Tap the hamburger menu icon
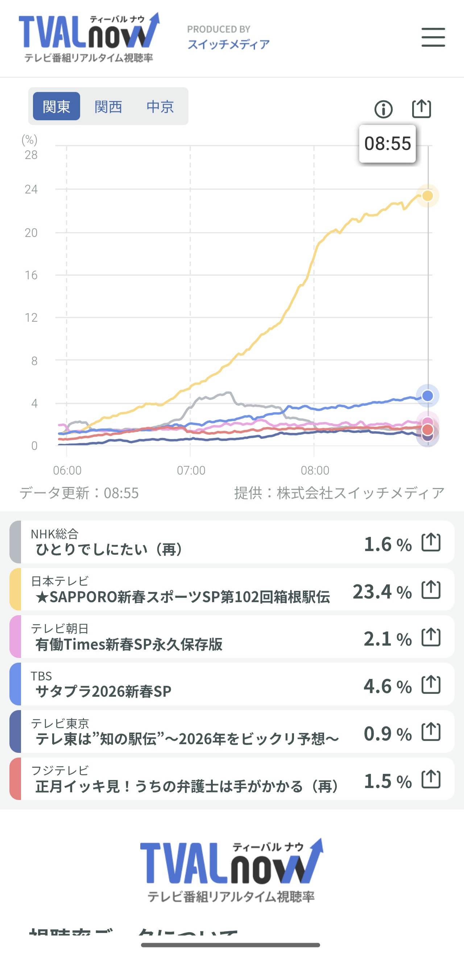(x=433, y=37)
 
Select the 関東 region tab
(x=56, y=106)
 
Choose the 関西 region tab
(x=108, y=107)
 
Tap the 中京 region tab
(x=160, y=107)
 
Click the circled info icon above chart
(x=383, y=109)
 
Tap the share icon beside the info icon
(x=421, y=109)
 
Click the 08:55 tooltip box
(x=387, y=144)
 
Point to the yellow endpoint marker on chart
(x=428, y=196)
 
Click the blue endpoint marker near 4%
(x=428, y=396)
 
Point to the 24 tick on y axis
(x=31, y=189)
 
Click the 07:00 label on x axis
(x=191, y=470)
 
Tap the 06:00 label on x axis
(x=67, y=470)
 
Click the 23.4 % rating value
(x=382, y=591)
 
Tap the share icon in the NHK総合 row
(x=431, y=542)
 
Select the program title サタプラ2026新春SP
(x=103, y=691)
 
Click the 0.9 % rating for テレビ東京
(x=387, y=734)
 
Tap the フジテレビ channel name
(x=60, y=771)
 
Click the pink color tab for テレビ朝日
(x=15, y=637)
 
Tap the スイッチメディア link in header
(x=228, y=45)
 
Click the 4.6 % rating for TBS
(x=387, y=686)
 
